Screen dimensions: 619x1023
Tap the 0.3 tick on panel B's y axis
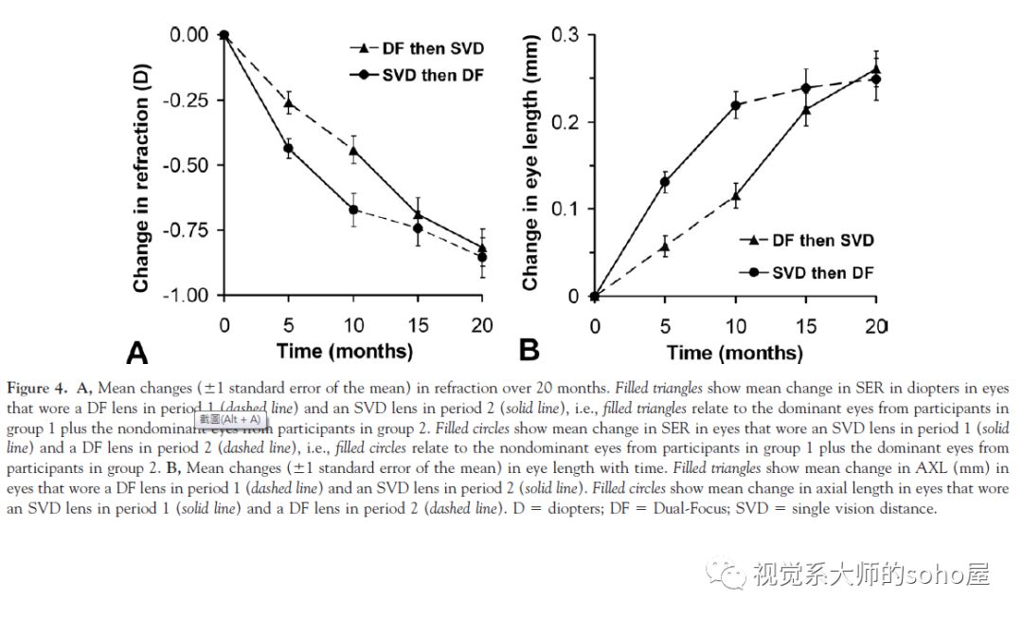click(x=566, y=35)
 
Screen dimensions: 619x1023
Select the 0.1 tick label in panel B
click(x=566, y=209)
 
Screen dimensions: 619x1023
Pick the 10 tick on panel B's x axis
click(x=735, y=326)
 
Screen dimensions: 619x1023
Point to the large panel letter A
click(x=137, y=354)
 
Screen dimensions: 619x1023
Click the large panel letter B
click(x=529, y=350)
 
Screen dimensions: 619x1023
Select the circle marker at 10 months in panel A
click(x=353, y=209)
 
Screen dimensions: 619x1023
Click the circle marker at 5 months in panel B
click(x=664, y=182)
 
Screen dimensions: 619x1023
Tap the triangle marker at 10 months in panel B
click(x=735, y=196)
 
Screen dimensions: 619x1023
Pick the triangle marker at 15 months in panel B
click(x=806, y=110)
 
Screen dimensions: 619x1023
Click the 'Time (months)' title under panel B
click(x=734, y=353)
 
